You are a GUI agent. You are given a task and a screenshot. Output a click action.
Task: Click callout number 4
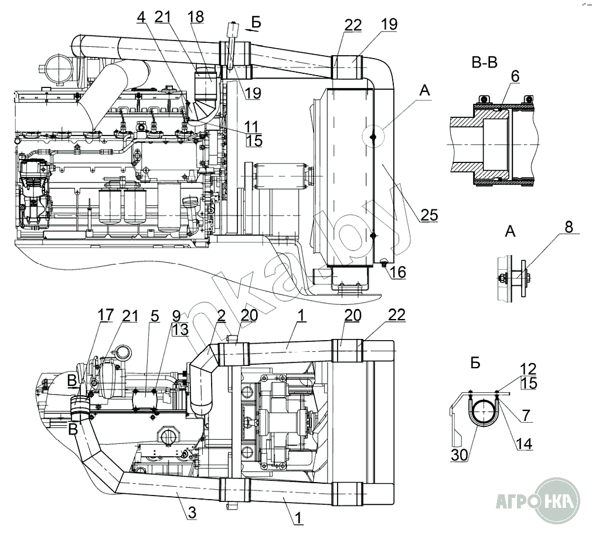141,18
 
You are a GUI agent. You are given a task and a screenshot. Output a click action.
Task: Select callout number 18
196,17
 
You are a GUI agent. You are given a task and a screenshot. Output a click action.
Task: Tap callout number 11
254,125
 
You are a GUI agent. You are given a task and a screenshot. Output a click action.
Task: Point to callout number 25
429,215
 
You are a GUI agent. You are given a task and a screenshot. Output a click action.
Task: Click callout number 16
398,273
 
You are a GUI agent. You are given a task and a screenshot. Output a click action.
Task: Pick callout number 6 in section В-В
515,76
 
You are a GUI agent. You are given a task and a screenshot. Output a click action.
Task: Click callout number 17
106,316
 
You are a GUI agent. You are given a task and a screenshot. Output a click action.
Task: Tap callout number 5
154,316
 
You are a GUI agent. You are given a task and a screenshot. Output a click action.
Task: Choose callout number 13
181,330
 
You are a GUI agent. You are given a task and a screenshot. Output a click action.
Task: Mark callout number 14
525,445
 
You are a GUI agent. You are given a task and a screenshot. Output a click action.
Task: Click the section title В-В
484,62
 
